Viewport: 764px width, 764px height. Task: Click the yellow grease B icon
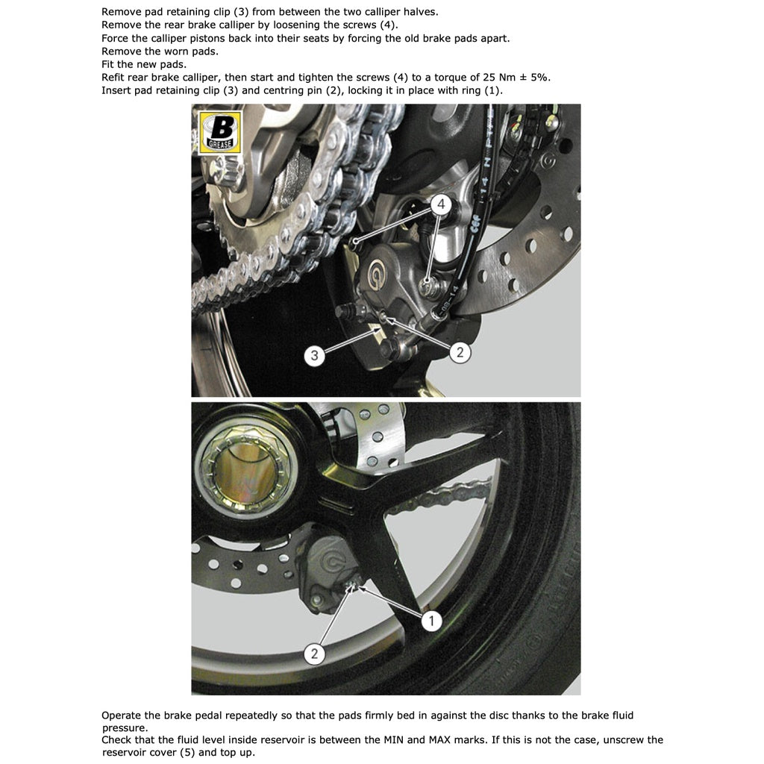pos(219,132)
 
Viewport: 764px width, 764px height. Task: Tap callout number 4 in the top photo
pos(441,204)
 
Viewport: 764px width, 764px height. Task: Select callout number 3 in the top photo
pos(314,355)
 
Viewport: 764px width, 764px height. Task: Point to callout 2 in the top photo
pos(460,352)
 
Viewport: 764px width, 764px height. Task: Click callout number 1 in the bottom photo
pos(431,620)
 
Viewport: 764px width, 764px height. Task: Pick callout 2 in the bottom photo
pos(314,654)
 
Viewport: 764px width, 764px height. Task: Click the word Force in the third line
pos(114,38)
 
